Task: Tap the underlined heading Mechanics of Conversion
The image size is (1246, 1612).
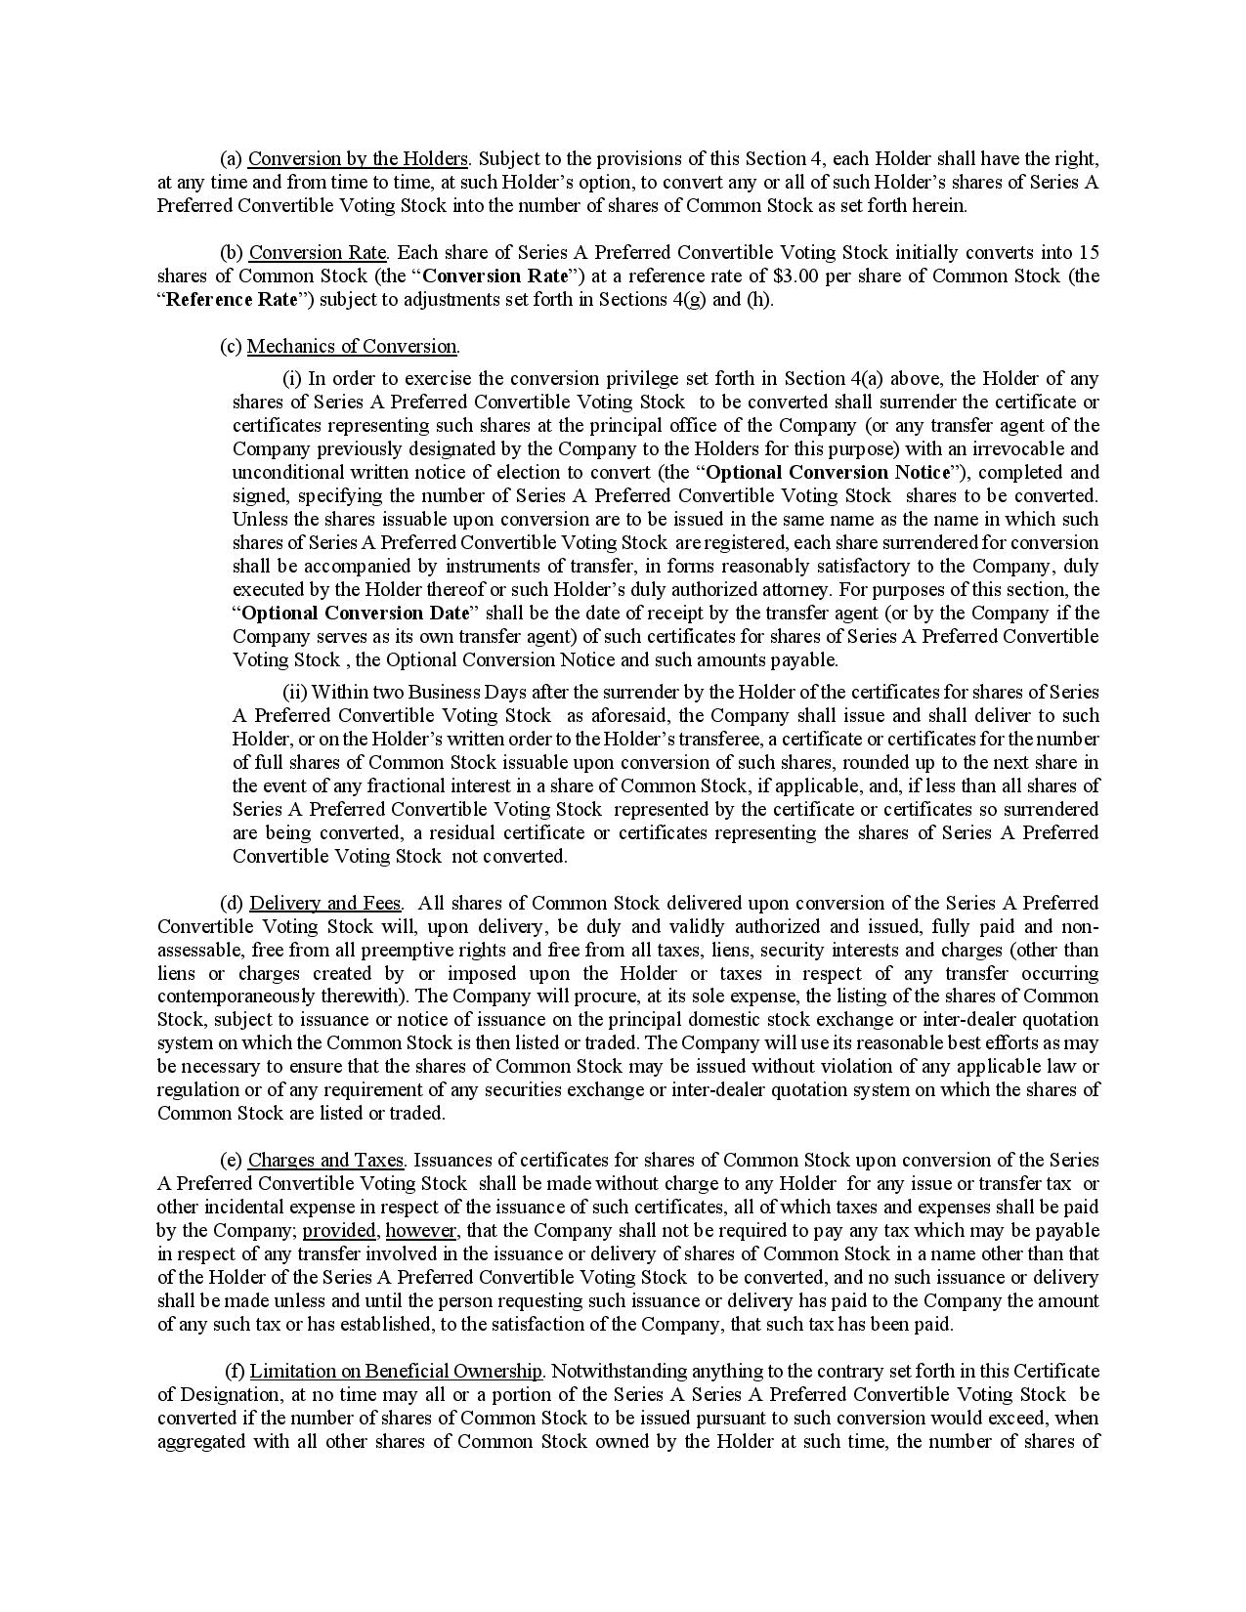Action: point(352,346)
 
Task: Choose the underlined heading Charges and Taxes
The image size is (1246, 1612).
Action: point(325,1160)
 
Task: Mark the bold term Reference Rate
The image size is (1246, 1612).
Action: point(231,299)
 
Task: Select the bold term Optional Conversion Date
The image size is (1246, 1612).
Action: point(355,613)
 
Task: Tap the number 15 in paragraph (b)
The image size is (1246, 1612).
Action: point(1089,252)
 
